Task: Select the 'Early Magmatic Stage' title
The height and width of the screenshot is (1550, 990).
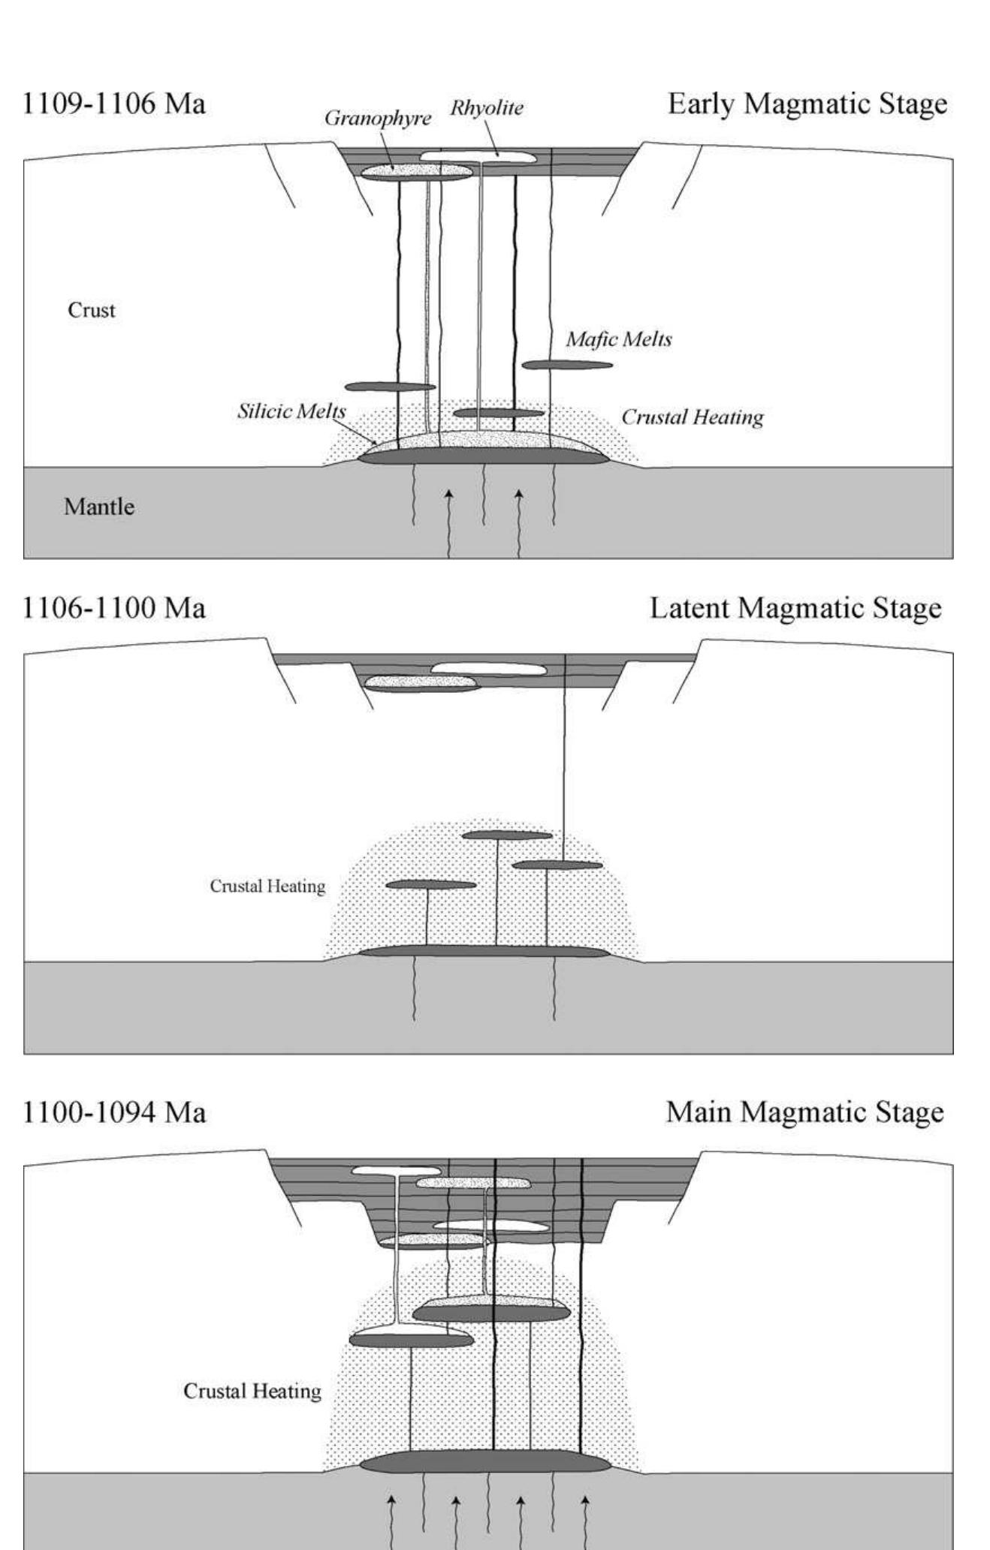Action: tap(807, 104)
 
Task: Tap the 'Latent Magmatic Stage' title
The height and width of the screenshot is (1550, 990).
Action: tap(795, 608)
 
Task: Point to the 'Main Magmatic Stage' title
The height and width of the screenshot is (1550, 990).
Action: tap(804, 1112)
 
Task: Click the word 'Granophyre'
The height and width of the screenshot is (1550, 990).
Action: tap(378, 119)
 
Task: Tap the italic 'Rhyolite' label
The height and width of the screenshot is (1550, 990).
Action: tap(487, 108)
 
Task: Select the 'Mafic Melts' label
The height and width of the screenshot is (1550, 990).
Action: tap(619, 339)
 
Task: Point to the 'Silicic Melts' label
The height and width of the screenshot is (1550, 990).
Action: tap(291, 411)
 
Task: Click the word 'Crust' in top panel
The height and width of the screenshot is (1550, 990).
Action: tap(92, 310)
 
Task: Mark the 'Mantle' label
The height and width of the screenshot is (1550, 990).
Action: tap(99, 507)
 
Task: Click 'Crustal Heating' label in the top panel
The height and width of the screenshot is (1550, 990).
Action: tap(692, 417)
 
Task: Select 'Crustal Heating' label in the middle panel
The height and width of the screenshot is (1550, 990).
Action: tap(267, 886)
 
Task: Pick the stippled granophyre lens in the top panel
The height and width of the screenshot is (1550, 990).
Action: tap(417, 172)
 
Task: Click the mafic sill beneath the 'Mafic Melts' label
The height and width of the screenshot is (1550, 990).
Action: tap(567, 366)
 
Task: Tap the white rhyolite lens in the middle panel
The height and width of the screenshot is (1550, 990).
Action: tap(488, 669)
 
